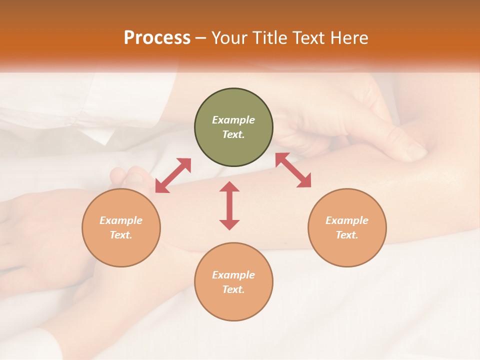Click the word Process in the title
pos(157,38)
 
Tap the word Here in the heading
pos(348,38)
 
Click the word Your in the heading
pos(229,38)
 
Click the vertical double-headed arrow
pos(229,205)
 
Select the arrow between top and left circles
pos(173,175)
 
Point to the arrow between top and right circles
pos(293,170)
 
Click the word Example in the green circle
pos(233,120)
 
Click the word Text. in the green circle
pos(233,134)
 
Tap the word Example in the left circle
pos(121,220)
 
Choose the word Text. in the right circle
pos(347,235)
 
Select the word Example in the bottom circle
pos(233,275)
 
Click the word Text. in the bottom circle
pos(233,289)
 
